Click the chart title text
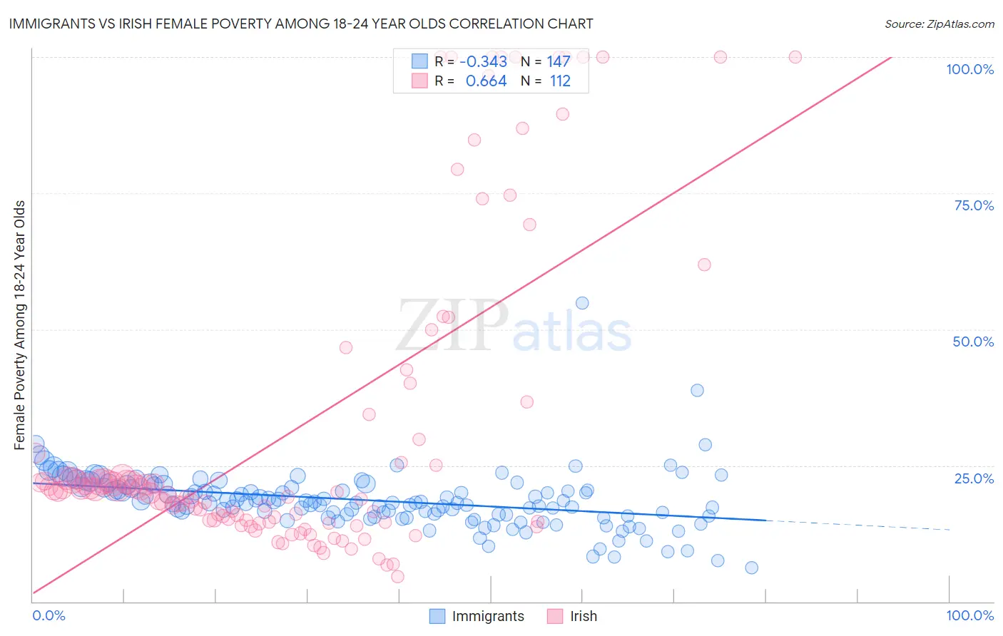(300, 24)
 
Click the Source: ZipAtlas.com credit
(939, 24)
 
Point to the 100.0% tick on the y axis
(969, 69)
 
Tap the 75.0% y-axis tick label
(974, 205)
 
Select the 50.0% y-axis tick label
(973, 342)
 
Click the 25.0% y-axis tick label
(974, 478)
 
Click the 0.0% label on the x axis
(49, 615)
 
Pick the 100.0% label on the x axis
(969, 615)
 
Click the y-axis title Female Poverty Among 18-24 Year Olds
(20, 325)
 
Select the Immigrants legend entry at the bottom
(477, 616)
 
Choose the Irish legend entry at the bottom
(571, 616)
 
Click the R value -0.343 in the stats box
(483, 62)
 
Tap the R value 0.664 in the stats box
(486, 81)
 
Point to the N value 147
(559, 62)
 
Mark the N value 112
(560, 81)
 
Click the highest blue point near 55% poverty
(582, 303)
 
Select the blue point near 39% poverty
(697, 390)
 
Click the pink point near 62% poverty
(704, 265)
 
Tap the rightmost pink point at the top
(795, 57)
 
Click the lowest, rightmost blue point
(751, 568)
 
